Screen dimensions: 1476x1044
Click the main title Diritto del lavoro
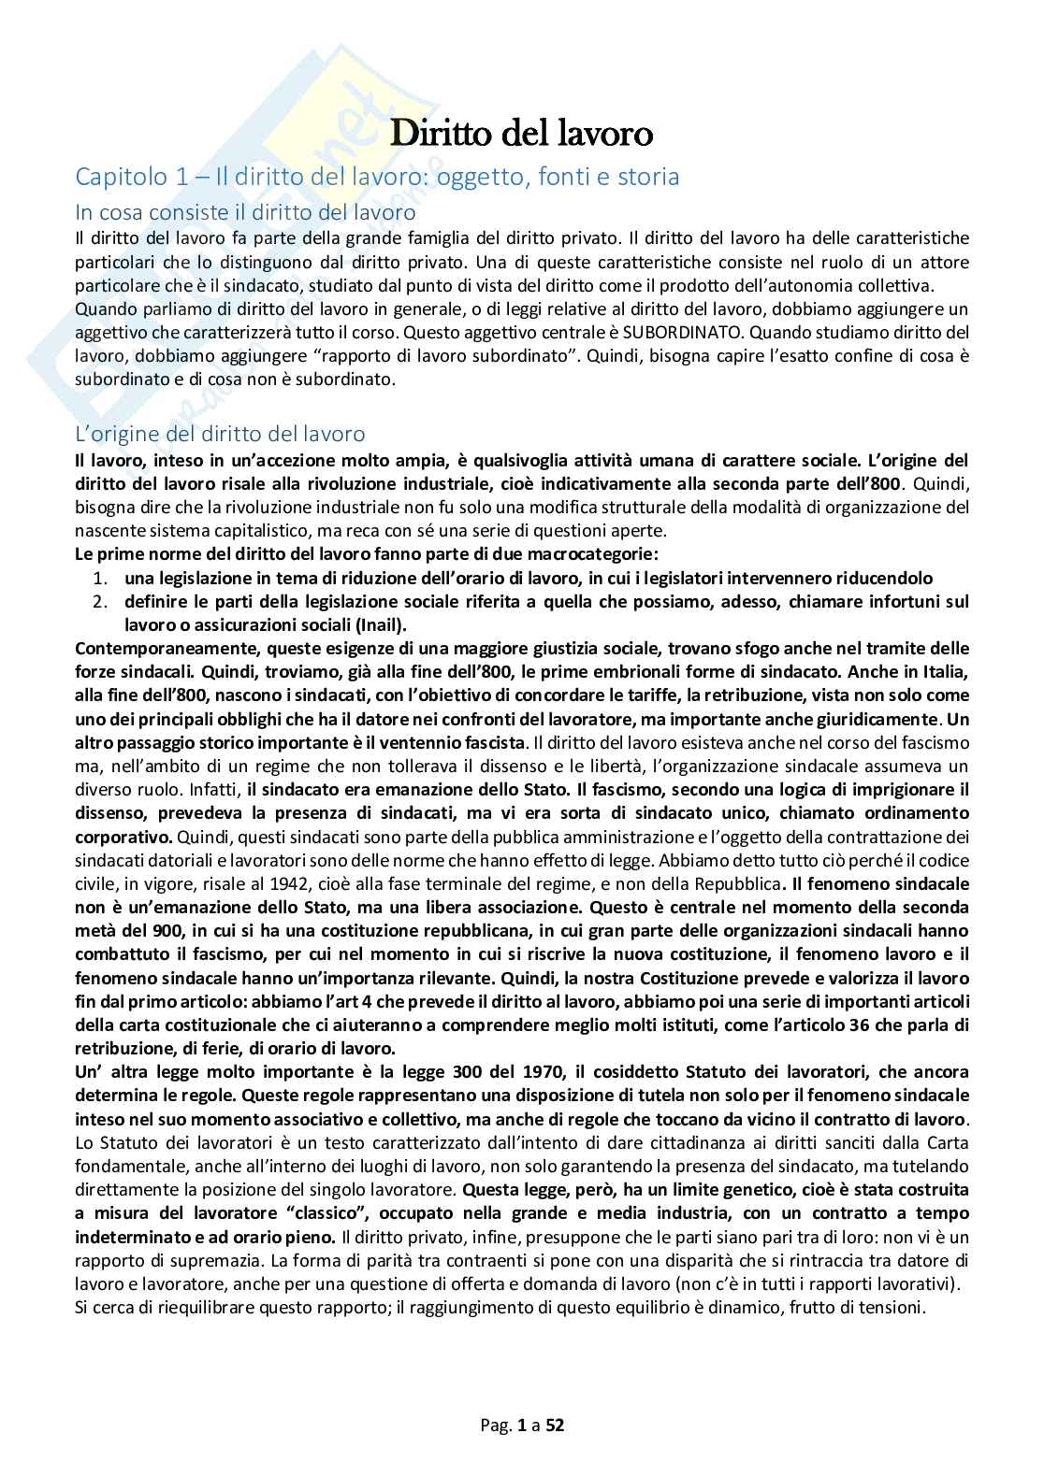(521, 133)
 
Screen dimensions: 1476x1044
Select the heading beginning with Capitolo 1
(377, 176)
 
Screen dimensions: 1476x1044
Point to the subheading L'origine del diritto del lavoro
(220, 434)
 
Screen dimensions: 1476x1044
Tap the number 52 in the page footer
(555, 1426)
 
